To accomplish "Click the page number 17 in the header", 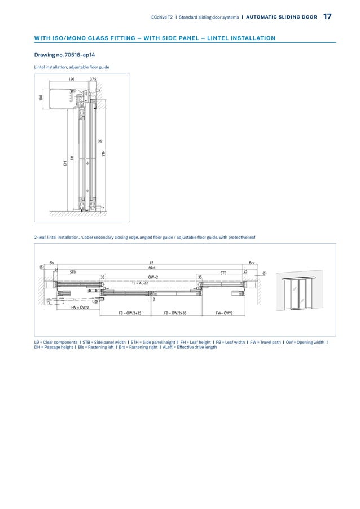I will click(x=327, y=17).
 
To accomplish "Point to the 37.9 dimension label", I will click(x=93, y=80).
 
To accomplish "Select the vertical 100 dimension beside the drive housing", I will click(x=41, y=98).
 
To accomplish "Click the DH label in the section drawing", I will click(x=65, y=164).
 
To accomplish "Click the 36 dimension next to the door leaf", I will click(x=99, y=141).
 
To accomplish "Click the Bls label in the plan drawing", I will click(x=52, y=262).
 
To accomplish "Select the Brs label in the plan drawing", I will click(x=252, y=262).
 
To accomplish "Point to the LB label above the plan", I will click(x=151, y=262).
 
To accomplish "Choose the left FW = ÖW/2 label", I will click(x=80, y=308).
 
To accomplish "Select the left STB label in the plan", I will click(x=72, y=272).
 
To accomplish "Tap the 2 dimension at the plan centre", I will click(x=154, y=299).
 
